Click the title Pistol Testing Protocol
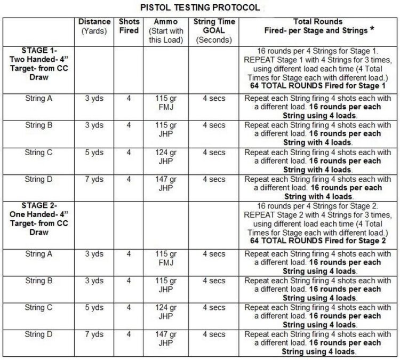tap(200, 8)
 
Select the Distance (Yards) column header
tap(94, 27)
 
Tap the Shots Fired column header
tap(129, 27)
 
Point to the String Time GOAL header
tap(214, 31)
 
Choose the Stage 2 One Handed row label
tap(39, 220)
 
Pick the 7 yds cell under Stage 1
tap(94, 180)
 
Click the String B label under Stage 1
tap(39, 125)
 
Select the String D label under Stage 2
tap(39, 334)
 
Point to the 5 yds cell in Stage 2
tap(94, 308)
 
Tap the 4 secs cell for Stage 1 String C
tap(214, 153)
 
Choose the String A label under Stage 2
tap(39, 254)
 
